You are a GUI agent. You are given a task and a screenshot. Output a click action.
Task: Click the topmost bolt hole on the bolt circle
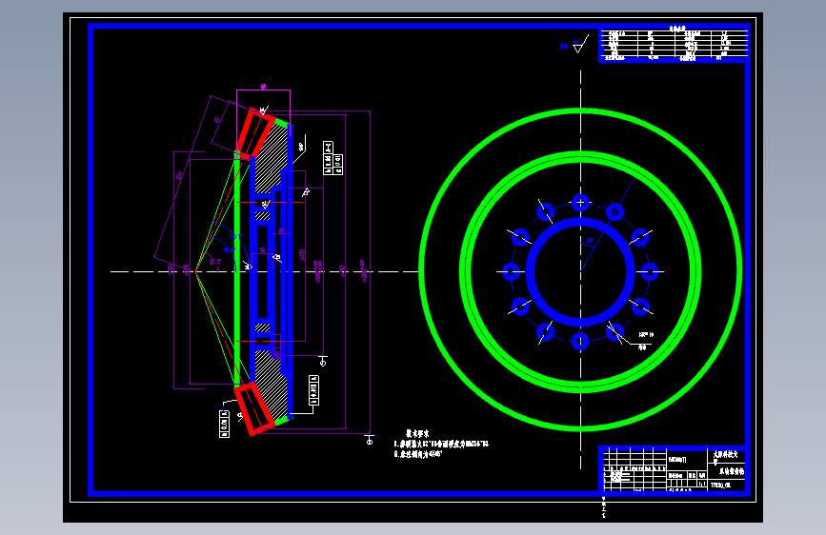pos(579,202)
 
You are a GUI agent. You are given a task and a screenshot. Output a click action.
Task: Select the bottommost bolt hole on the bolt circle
pos(579,342)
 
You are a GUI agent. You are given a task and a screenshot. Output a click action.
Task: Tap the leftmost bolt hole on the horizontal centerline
pos(510,272)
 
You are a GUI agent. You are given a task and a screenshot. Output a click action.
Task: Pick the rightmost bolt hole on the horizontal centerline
pos(649,272)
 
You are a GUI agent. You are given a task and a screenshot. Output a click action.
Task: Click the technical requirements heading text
pos(420,430)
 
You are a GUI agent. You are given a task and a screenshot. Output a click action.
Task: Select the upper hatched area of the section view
pos(273,156)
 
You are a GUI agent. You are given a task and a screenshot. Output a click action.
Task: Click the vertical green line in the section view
pos(236,271)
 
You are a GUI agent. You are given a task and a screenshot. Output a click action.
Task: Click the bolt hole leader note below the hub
pos(646,335)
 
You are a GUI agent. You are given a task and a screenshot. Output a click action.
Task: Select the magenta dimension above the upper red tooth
pos(263,87)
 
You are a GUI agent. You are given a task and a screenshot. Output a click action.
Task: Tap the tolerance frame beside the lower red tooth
pos(226,423)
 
